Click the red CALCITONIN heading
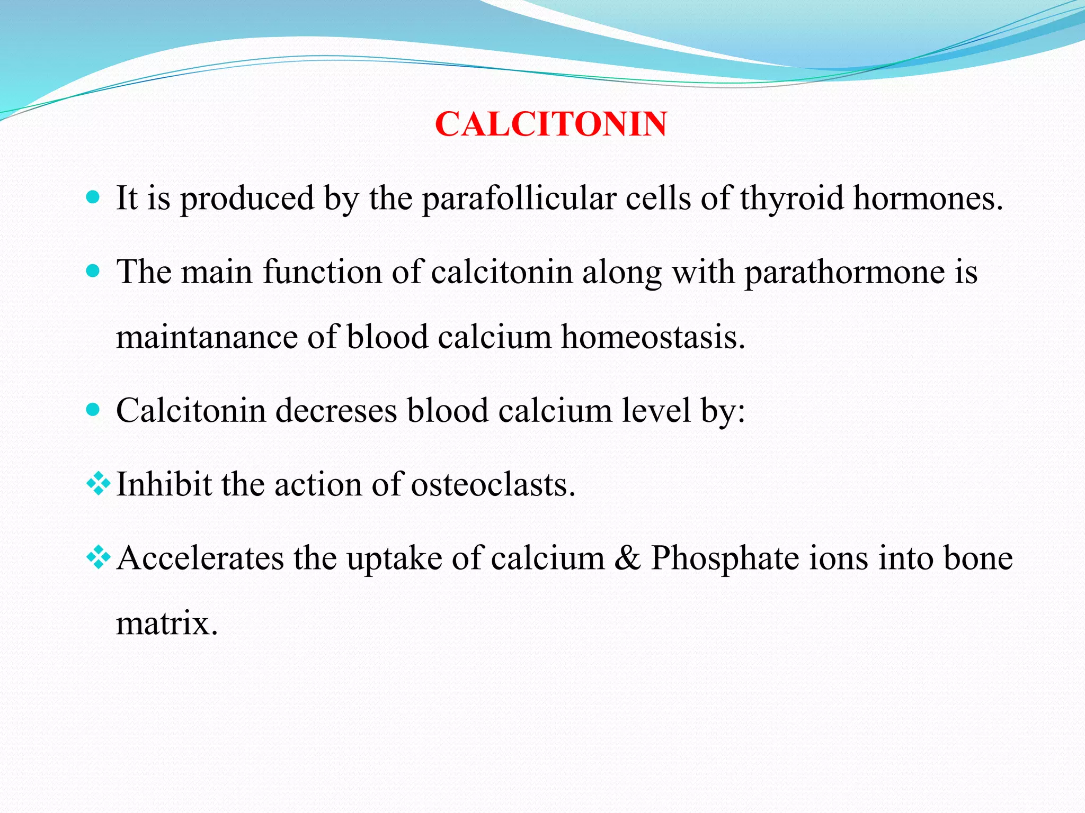click(550, 124)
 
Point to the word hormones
click(927, 199)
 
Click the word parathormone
click(845, 273)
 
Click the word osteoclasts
click(493, 484)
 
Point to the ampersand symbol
click(627, 558)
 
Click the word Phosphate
click(725, 558)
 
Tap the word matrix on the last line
click(166, 624)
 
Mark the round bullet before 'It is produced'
click(93, 198)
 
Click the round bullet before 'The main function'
click(93, 272)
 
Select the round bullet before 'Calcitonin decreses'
click(93, 410)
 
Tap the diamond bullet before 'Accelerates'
click(99, 558)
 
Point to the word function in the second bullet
click(323, 273)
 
